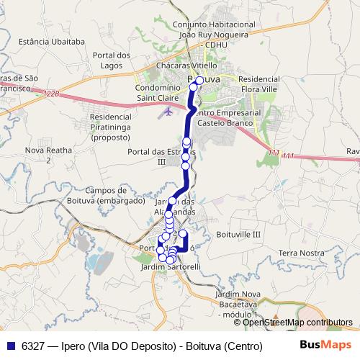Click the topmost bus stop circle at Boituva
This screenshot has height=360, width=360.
point(199,81)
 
